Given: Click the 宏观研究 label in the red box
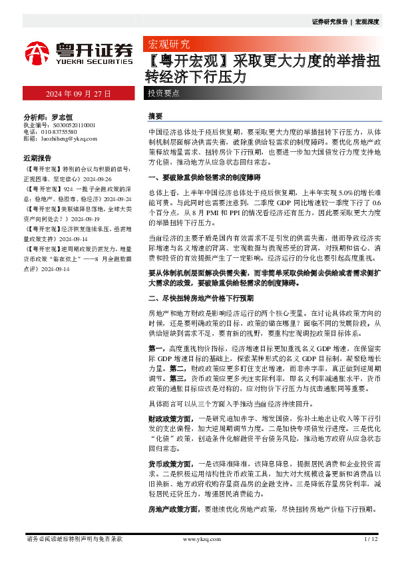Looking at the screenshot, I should pos(168,45).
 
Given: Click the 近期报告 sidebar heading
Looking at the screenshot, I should pos(37,159).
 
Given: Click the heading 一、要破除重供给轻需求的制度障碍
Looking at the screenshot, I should pos(204,178).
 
